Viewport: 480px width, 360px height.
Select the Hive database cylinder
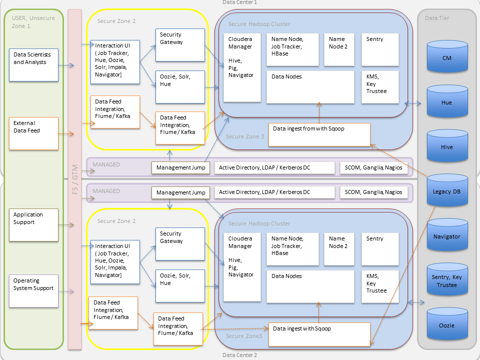click(447, 147)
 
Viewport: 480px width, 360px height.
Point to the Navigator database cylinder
click(447, 236)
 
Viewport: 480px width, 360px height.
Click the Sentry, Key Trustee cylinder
click(447, 281)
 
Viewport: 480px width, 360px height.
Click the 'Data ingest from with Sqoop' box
click(319, 134)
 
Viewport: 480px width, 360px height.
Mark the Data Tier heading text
click(437, 18)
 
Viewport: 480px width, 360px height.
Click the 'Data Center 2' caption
click(239, 355)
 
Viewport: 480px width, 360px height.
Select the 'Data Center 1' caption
click(239, 2)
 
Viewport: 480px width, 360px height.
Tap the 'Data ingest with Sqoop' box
click(319, 334)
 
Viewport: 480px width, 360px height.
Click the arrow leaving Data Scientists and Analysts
click(66, 65)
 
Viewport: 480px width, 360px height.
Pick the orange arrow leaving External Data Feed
click(66, 133)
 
